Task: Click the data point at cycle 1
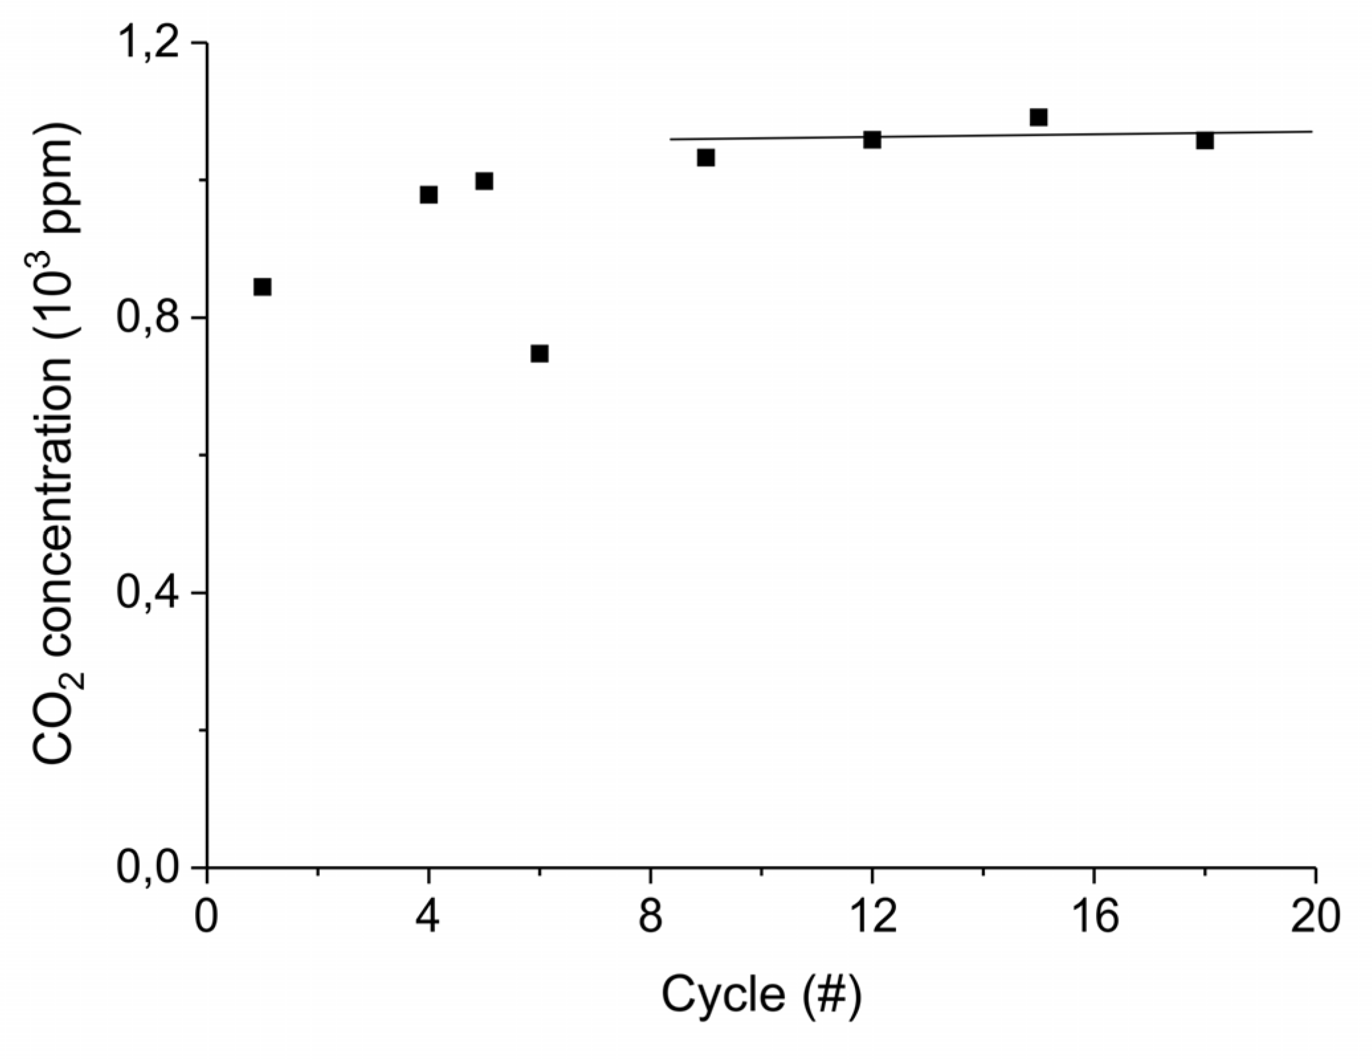pyautogui.click(x=262, y=287)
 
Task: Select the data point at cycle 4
pyautogui.click(x=429, y=195)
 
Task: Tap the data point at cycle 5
pyautogui.click(x=484, y=181)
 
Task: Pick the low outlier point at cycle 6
pyautogui.click(x=539, y=353)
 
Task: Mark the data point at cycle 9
pyautogui.click(x=706, y=158)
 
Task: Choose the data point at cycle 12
pyautogui.click(x=872, y=140)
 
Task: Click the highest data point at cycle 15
pyautogui.click(x=1038, y=118)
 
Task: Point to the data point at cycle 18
pyautogui.click(x=1205, y=140)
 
